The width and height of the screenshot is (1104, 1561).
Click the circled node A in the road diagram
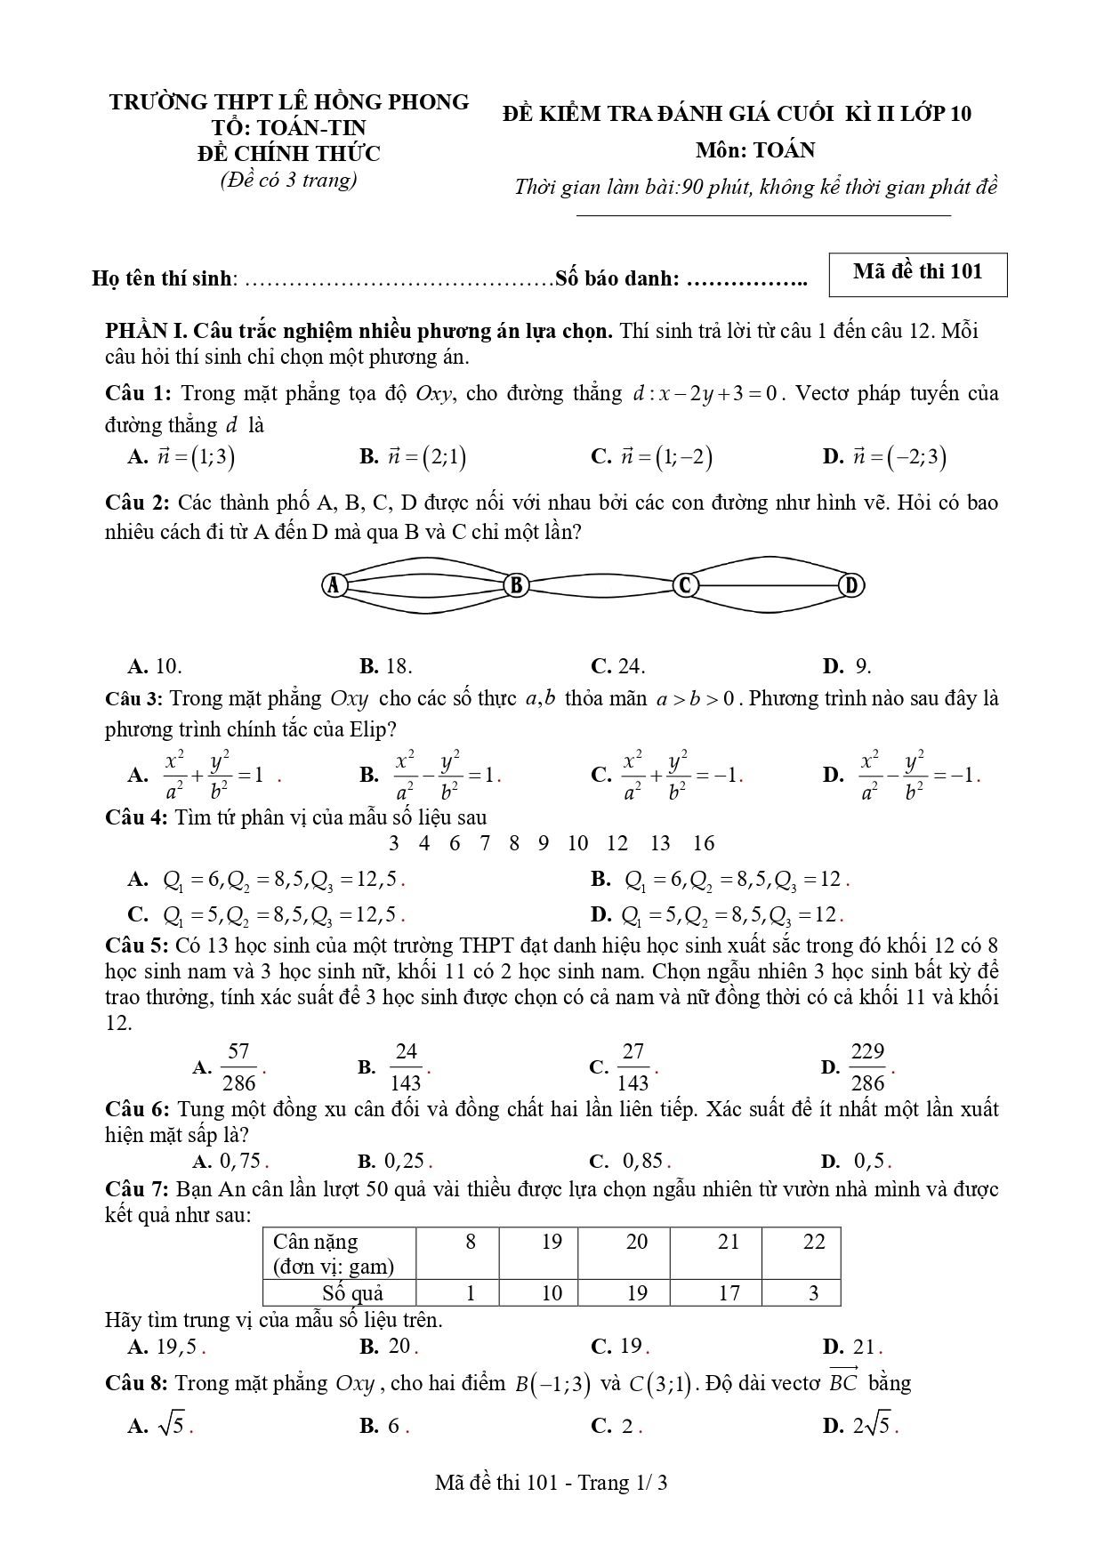coord(334,585)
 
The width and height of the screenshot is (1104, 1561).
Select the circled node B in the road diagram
coord(516,585)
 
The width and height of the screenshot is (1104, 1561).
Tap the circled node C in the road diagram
coord(686,585)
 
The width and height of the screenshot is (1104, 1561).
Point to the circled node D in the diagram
coord(851,585)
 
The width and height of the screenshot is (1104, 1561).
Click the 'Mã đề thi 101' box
coord(917,273)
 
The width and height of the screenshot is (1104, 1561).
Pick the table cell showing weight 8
coord(471,1242)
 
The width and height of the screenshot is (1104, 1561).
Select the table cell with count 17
coord(729,1293)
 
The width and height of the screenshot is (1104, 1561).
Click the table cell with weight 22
coord(814,1242)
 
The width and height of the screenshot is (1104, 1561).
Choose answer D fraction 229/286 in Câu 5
coord(867,1066)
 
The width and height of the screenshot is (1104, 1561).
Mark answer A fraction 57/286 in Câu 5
coord(238,1066)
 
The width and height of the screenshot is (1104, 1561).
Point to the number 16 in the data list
coord(704,843)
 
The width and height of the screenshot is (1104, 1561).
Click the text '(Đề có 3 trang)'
coord(288,180)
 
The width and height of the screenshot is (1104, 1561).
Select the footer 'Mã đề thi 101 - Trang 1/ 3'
coord(552,1483)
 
